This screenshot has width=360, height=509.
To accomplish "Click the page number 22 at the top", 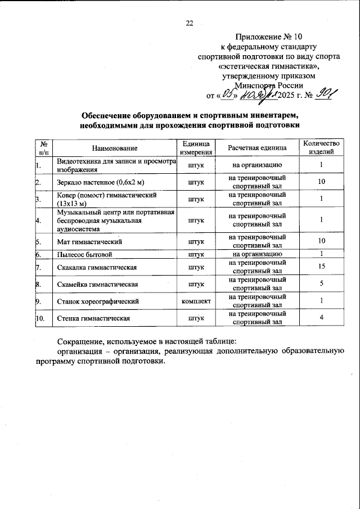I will [x=189, y=23].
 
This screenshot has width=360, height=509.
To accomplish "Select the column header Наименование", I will [x=115, y=147].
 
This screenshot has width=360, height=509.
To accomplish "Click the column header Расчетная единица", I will [x=257, y=147].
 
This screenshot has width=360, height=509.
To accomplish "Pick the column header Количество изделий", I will [x=321, y=147].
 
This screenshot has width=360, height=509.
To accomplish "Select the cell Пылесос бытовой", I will [x=82, y=254].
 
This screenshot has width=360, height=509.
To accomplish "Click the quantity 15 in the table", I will [x=321, y=266].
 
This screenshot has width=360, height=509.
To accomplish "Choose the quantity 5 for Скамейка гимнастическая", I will [x=321, y=283].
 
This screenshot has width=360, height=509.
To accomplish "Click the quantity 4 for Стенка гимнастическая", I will [x=321, y=318].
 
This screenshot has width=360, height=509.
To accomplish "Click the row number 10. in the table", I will [x=40, y=319].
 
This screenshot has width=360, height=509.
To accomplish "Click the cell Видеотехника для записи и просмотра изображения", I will [x=115, y=165].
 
